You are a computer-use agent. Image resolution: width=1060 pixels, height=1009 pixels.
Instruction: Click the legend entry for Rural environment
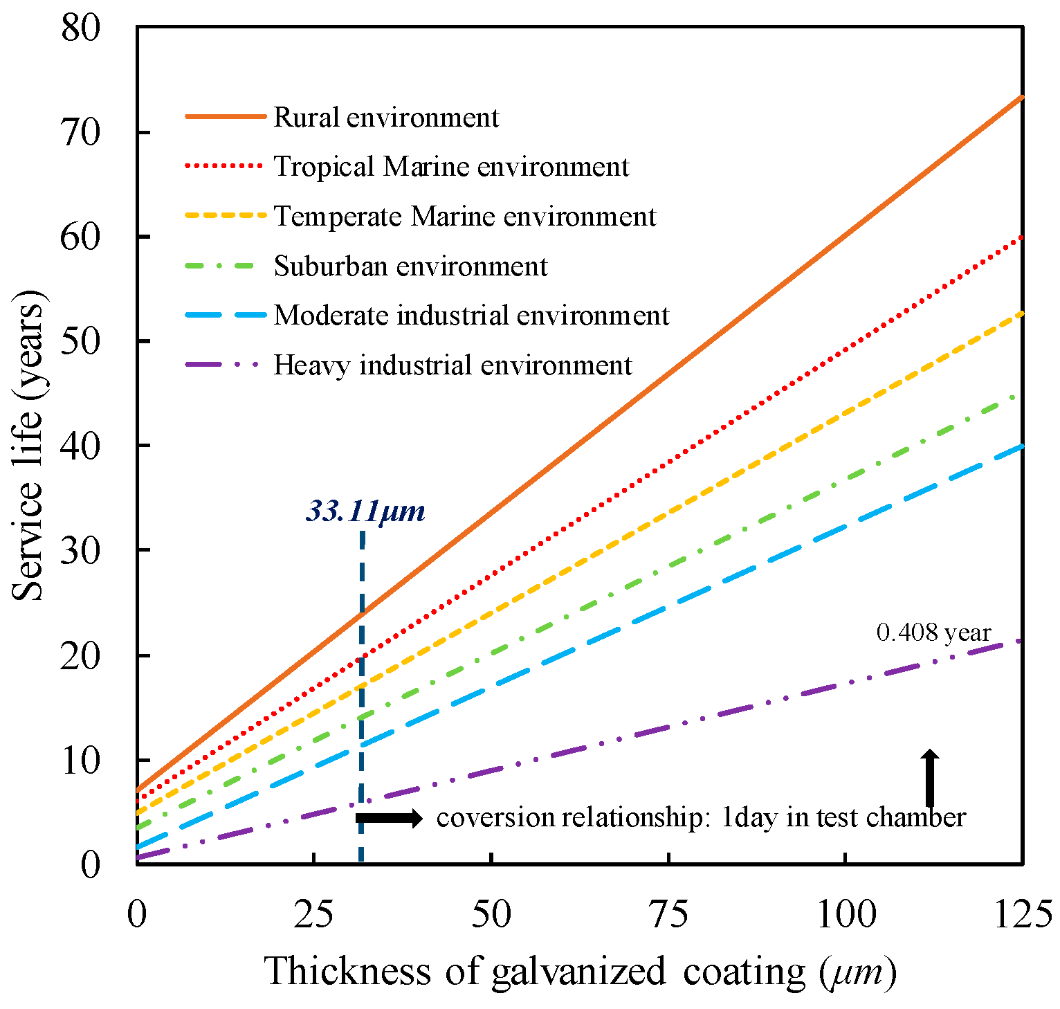[385, 118]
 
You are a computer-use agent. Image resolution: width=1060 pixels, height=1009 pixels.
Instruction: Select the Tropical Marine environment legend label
[451, 167]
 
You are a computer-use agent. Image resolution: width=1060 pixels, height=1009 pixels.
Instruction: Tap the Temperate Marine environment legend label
[464, 217]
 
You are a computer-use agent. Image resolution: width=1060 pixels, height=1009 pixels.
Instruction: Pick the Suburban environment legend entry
[410, 266]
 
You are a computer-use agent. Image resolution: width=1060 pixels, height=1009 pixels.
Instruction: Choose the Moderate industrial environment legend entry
[471, 316]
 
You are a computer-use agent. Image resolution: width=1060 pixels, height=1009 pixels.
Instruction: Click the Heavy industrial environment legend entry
[453, 365]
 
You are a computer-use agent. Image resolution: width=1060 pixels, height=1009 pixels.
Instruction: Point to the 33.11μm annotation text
[365, 511]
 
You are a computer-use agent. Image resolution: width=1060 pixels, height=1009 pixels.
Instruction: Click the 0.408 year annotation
[933, 633]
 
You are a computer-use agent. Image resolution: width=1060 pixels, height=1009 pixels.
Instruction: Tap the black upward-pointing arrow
[931, 777]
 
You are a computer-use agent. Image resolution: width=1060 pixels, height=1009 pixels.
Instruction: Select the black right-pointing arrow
[389, 818]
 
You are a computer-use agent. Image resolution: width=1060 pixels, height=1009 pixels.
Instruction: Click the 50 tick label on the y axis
[80, 341]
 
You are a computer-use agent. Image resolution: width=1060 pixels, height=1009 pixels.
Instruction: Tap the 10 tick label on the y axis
[80, 760]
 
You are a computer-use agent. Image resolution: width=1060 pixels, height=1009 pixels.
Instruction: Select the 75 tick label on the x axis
[668, 915]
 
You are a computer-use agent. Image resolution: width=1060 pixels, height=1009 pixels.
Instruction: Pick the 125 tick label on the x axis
[1023, 915]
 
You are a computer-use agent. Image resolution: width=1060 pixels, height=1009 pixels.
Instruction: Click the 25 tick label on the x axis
[313, 915]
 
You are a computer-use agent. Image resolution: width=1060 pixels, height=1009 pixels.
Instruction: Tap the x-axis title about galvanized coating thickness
[580, 971]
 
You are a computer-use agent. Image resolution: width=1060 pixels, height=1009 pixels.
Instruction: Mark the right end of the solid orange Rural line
[1021, 98]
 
